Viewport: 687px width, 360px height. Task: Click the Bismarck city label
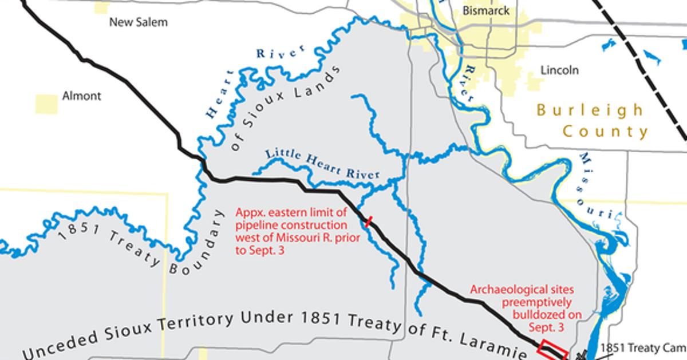[486, 10]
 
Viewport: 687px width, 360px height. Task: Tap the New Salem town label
[139, 22]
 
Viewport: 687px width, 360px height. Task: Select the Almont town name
[81, 96]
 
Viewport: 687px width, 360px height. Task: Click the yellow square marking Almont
[46, 104]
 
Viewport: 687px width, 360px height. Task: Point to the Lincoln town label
[559, 70]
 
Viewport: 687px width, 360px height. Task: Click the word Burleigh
[590, 110]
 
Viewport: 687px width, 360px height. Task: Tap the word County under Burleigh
[605, 132]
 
